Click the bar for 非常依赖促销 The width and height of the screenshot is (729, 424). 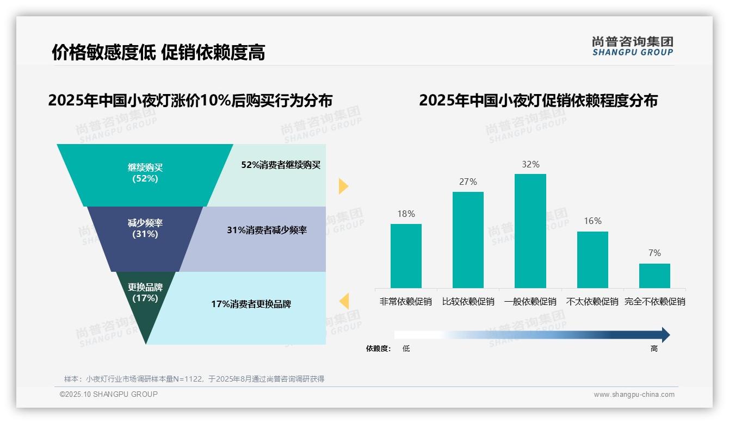point(406,255)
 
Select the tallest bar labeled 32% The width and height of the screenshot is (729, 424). point(530,230)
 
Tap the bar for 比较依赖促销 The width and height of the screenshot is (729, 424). point(468,240)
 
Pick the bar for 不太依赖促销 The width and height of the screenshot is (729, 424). point(592,259)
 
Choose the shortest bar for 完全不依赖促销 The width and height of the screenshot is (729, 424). point(654,276)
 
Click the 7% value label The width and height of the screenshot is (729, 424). point(654,253)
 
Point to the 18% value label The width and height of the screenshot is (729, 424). point(406,214)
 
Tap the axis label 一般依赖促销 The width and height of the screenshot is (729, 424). point(530,301)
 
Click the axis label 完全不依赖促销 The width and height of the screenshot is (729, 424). point(654,301)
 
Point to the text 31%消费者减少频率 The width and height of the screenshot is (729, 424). point(267,230)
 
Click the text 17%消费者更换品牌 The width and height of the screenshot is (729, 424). point(251,304)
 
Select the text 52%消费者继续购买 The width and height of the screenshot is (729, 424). point(281,165)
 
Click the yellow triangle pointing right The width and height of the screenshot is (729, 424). point(343,186)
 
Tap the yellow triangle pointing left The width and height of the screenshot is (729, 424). point(344,301)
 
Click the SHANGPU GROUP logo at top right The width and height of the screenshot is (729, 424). point(632,46)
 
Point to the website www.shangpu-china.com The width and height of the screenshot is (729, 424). point(634,395)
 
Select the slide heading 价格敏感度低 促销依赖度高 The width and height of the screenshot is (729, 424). point(158,52)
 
